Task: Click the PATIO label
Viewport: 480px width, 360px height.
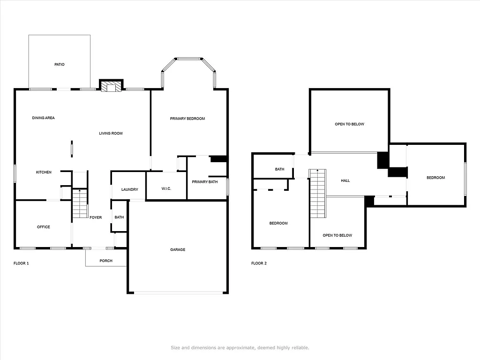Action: click(x=59, y=64)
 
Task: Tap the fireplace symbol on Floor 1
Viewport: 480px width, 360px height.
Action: click(x=111, y=87)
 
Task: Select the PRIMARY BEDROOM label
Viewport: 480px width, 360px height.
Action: click(x=187, y=119)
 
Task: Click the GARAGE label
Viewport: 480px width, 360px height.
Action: click(x=177, y=249)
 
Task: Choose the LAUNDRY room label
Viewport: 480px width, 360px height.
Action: click(x=129, y=189)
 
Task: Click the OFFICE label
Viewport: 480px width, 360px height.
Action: click(x=43, y=227)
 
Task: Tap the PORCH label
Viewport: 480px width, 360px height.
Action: click(x=106, y=261)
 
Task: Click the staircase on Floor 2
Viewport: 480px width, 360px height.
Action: click(x=318, y=194)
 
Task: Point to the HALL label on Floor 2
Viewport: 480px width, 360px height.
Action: click(x=345, y=180)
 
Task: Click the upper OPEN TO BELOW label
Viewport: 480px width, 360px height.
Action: click(x=349, y=124)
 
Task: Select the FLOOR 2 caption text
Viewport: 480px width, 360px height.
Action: click(x=259, y=263)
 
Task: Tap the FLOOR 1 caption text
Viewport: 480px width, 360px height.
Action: click(x=21, y=263)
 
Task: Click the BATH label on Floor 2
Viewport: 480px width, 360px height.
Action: click(x=279, y=169)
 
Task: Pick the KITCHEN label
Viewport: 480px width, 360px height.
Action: click(x=44, y=172)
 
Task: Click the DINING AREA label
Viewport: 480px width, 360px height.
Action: click(x=43, y=118)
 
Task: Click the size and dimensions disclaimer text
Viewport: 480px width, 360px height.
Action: click(x=240, y=347)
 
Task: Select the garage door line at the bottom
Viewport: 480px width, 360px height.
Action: click(x=178, y=293)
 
